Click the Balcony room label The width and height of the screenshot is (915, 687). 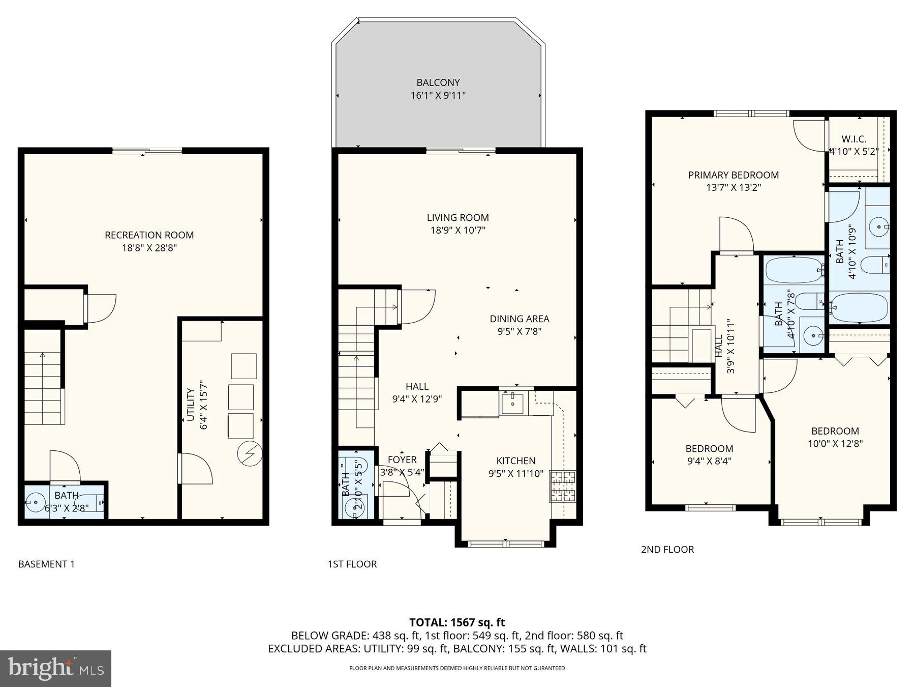(438, 82)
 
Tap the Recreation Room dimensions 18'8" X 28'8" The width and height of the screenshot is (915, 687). (149, 248)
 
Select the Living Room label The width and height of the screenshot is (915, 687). (457, 218)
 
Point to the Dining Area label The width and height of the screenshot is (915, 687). (519, 319)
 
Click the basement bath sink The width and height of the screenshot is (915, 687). (36, 502)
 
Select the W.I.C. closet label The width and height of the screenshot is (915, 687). (853, 139)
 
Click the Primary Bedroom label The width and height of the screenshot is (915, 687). (733, 175)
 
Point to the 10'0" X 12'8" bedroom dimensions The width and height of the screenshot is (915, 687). (835, 444)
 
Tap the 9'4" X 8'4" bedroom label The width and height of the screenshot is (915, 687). (709, 449)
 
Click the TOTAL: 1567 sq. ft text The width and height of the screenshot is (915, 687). (457, 622)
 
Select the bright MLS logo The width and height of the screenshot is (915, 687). (55, 668)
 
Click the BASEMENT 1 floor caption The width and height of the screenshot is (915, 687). (46, 564)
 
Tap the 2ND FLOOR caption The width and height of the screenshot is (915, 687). (667, 549)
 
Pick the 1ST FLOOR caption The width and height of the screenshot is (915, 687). (352, 564)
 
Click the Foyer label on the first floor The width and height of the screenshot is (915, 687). (402, 460)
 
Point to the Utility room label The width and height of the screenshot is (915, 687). (191, 405)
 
